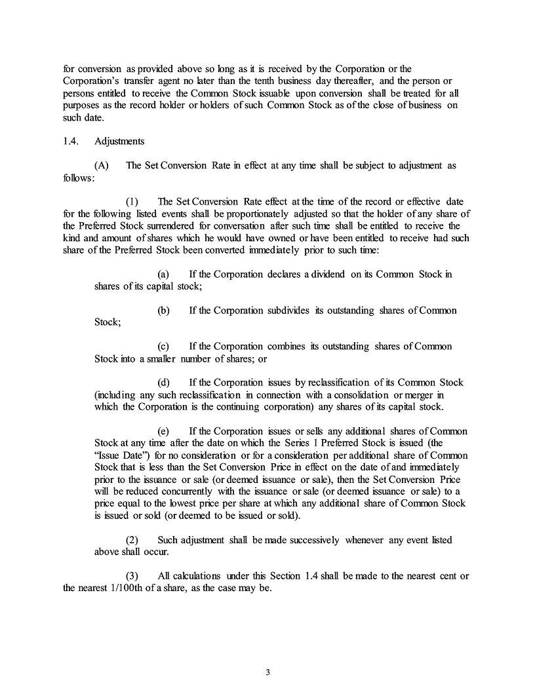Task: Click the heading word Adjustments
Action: click(x=119, y=141)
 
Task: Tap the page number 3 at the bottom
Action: click(x=267, y=672)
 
